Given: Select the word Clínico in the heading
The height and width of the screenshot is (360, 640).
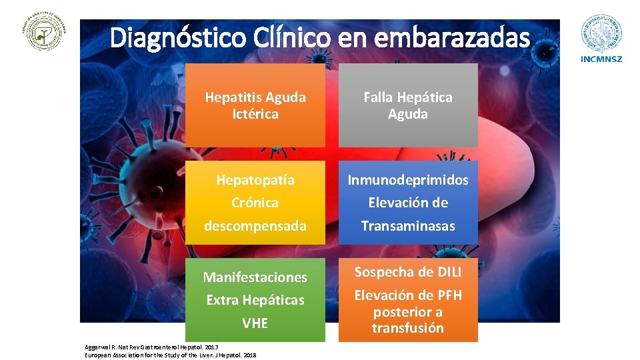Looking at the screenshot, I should [289, 38].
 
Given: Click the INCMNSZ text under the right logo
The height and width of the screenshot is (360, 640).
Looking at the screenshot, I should [602, 59].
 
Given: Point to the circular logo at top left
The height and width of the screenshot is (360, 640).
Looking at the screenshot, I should [46, 31].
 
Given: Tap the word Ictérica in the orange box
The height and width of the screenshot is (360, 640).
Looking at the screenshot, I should [255, 114].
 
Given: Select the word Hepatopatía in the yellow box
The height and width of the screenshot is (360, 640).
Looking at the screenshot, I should [255, 180].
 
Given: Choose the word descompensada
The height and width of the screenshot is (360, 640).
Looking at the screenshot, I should [255, 226].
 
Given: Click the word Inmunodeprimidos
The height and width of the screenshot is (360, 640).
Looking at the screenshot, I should [408, 180].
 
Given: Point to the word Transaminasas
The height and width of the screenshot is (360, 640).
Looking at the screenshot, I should [408, 226].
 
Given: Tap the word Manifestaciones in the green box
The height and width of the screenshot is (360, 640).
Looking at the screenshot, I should [255, 277].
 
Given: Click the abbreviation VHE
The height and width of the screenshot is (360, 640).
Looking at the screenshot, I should [255, 323].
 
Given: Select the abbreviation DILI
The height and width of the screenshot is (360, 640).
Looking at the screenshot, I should [445, 272].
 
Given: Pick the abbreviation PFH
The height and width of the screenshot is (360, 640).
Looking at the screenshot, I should [447, 295].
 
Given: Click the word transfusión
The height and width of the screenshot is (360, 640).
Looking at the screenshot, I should [408, 328].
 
